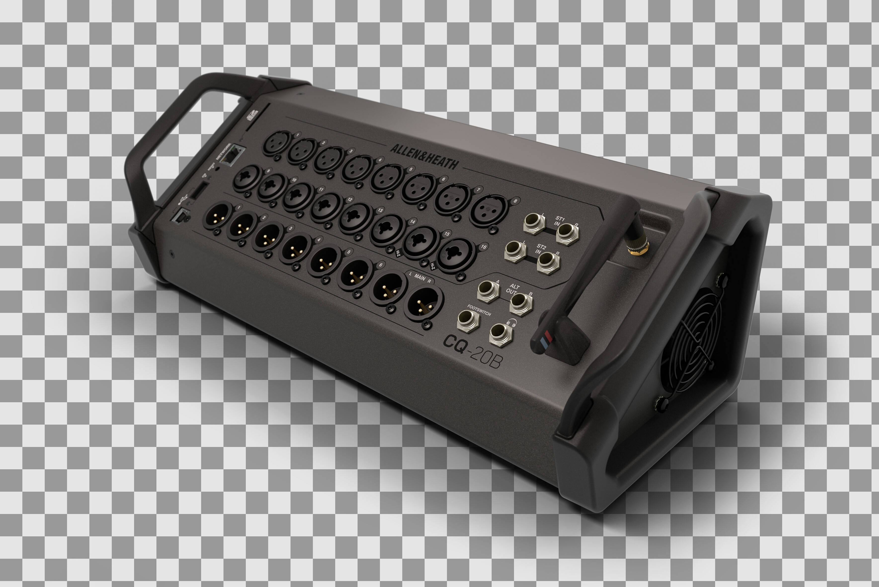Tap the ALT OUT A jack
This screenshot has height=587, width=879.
tap(488, 291)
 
